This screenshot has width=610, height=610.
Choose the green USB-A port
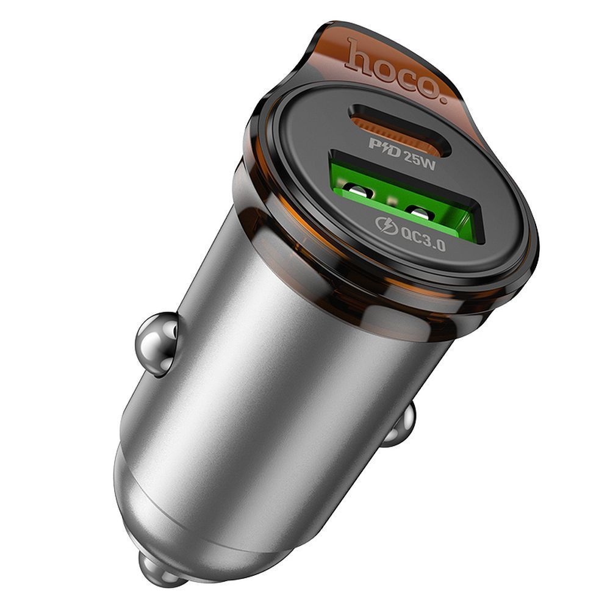click(403, 195)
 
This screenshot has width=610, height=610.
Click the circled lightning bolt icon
click(389, 225)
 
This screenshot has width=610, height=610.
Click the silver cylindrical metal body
click(293, 366)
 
